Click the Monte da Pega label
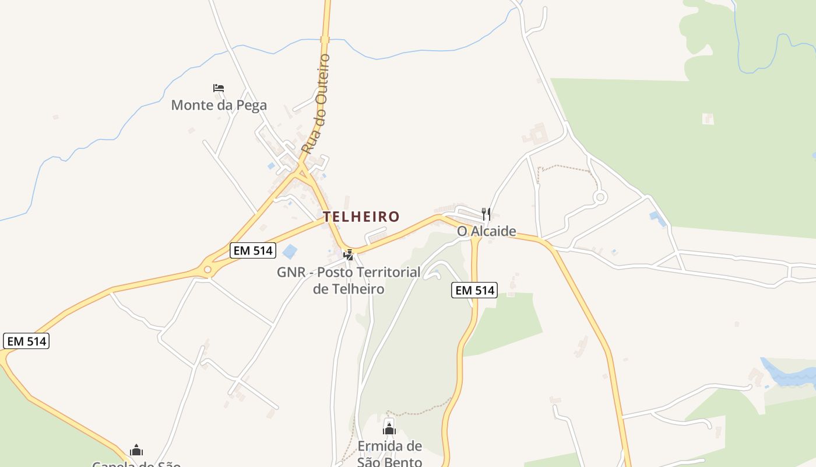[x=219, y=105]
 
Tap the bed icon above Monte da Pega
[x=219, y=88]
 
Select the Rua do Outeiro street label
[x=316, y=103]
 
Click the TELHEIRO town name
[x=361, y=217]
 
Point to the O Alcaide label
[x=486, y=231]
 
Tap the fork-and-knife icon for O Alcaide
[x=486, y=214]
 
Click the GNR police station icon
[x=349, y=255]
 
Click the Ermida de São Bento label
[x=389, y=454]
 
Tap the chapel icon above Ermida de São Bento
[x=389, y=430]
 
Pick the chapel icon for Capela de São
[x=136, y=450]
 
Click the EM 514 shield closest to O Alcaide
[x=474, y=290]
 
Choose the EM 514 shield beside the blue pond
[x=252, y=250]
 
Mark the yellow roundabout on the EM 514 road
[x=207, y=270]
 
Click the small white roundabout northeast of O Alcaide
[x=600, y=197]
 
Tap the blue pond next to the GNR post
[x=290, y=252]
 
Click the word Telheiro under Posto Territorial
[x=349, y=289]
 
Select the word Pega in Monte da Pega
[x=251, y=105]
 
